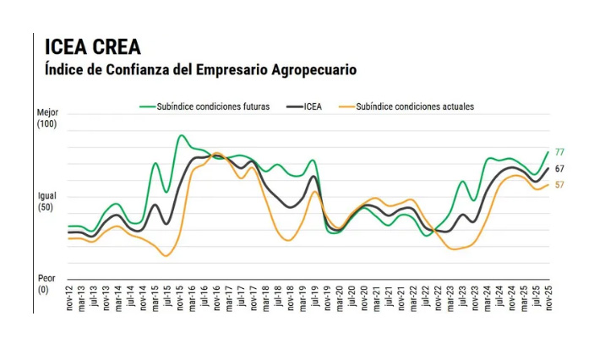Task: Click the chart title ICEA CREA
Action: pyautogui.click(x=93, y=46)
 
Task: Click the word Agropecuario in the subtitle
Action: pyautogui.click(x=312, y=69)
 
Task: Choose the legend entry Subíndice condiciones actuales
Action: pyautogui.click(x=415, y=107)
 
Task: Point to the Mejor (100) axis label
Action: pyautogui.click(x=46, y=118)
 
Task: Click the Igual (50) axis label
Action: pyautogui.click(x=46, y=202)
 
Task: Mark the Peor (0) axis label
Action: pyautogui.click(x=46, y=284)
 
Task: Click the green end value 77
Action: pyautogui.click(x=559, y=152)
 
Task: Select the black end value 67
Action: pyautogui.click(x=559, y=169)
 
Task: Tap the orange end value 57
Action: pyautogui.click(x=559, y=184)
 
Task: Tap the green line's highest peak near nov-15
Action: pyautogui.click(x=182, y=135)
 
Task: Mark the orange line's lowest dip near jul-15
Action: pyautogui.click(x=166, y=255)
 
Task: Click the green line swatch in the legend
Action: pyautogui.click(x=147, y=107)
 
